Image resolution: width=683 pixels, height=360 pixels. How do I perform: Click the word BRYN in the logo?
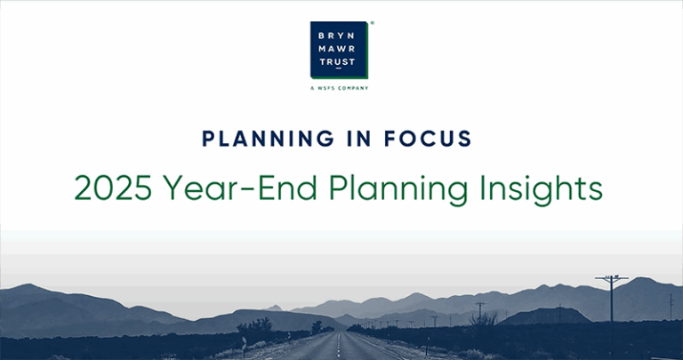click(x=340, y=36)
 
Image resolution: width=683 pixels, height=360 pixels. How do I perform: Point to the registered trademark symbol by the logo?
click(x=371, y=24)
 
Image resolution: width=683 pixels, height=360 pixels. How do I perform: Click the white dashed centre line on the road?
click(x=339, y=347)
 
